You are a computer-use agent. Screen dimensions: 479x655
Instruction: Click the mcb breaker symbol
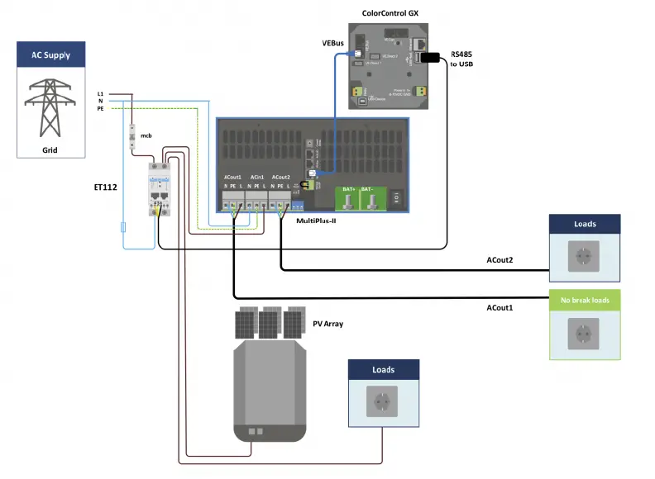pos(132,137)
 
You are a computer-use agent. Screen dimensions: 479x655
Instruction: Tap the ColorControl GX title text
pos(390,13)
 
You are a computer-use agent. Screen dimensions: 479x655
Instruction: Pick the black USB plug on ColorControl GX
pos(429,57)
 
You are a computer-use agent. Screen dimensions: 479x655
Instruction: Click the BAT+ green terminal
pos(348,199)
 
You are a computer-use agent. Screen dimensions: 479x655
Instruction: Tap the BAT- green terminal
pos(376,199)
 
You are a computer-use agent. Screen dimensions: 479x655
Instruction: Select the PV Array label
pos(328,324)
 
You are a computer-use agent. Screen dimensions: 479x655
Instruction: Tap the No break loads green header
pos(584,300)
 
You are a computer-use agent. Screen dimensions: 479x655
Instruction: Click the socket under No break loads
pos(584,334)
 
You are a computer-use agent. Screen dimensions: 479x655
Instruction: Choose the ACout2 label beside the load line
pos(500,262)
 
